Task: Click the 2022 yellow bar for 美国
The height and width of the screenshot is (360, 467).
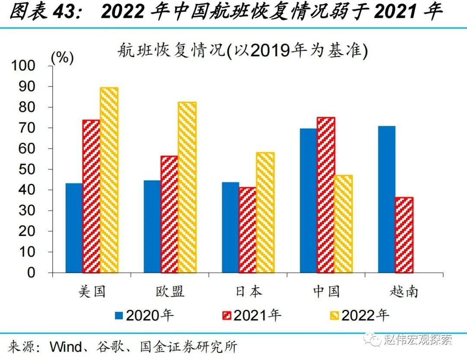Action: tap(109, 180)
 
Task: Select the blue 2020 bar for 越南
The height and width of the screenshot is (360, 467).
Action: tap(387, 199)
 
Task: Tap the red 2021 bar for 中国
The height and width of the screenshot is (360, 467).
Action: tap(326, 195)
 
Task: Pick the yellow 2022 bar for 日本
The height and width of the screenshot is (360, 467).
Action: tap(265, 212)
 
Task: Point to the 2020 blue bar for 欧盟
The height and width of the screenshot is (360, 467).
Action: tap(152, 226)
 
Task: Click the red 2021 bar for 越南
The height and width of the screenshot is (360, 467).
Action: tap(404, 235)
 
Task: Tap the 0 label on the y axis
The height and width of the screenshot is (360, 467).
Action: tap(42, 273)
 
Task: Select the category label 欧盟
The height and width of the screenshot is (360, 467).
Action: tap(170, 291)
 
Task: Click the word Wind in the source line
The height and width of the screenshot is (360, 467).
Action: tap(65, 347)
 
